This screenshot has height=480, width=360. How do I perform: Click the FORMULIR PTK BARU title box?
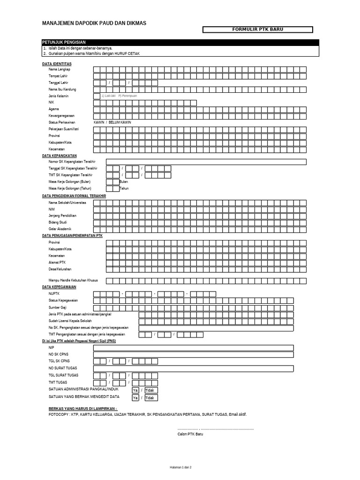257,30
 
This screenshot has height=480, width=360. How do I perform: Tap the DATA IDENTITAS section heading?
57,63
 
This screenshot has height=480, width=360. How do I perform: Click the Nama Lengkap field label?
59,69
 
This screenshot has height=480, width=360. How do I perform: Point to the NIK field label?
51,102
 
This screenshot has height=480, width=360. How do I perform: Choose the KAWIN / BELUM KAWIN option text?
112,122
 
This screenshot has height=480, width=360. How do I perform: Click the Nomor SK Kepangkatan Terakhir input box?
206,162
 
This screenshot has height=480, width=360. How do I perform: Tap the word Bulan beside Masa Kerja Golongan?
124,182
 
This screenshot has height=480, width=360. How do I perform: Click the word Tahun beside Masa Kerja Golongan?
124,188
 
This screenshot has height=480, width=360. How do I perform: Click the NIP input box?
193,348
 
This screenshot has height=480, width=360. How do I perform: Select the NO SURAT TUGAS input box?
193,368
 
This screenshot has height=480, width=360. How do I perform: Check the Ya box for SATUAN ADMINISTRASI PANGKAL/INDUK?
135,390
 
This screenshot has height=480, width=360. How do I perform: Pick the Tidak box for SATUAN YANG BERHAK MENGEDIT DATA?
150,397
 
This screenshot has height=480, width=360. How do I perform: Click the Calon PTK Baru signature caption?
190,434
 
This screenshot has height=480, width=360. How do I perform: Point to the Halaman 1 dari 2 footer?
180,467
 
